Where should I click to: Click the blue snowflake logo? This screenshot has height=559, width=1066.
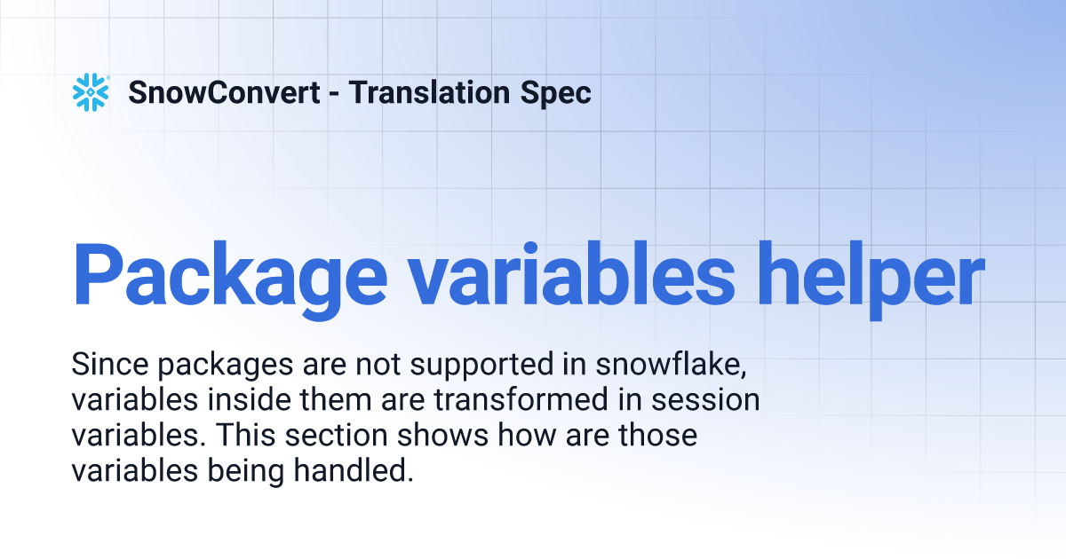point(91,92)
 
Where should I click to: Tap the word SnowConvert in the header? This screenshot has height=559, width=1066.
point(224,92)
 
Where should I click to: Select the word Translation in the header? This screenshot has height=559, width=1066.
point(429,92)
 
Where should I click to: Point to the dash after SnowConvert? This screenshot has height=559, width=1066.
point(334,94)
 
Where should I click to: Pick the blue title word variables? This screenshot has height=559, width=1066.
point(572,275)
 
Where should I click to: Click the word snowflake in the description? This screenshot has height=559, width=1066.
point(671,366)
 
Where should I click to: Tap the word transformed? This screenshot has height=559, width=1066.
point(521,400)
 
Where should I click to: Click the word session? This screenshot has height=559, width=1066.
point(705,401)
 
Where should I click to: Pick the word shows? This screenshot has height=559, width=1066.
point(442,436)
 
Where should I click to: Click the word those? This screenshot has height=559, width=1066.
point(657,436)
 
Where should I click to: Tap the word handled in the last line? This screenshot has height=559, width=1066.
point(354,471)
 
